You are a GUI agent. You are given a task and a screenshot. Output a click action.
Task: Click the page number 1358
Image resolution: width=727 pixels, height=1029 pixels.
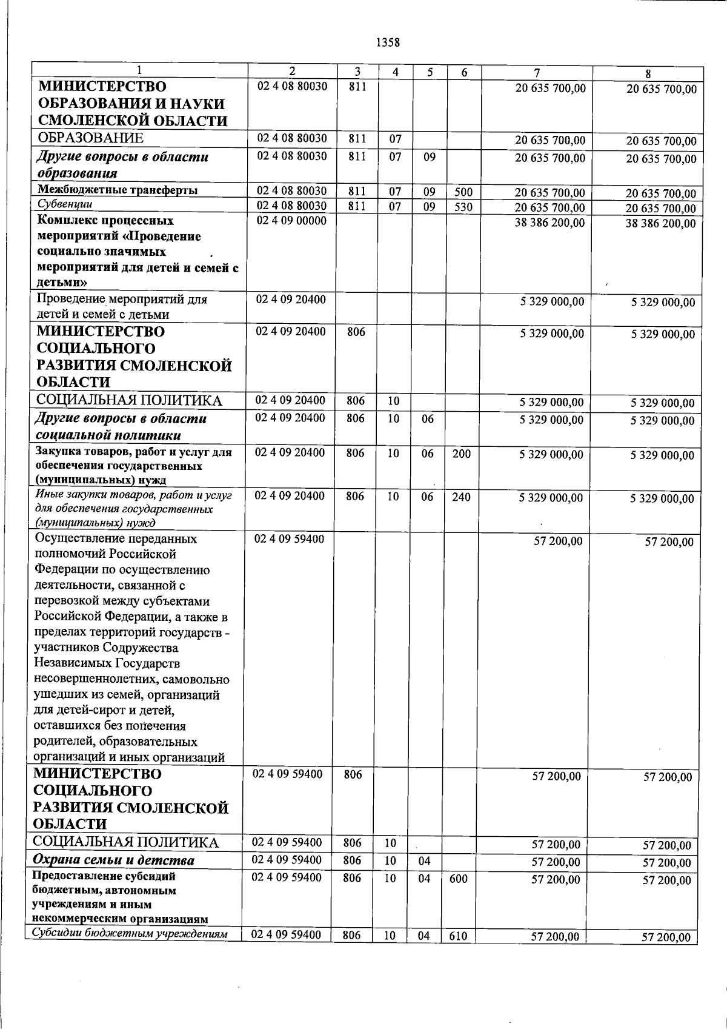pos(388,42)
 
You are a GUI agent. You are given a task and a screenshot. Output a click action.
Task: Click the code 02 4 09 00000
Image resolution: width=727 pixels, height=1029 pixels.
pos(291,221)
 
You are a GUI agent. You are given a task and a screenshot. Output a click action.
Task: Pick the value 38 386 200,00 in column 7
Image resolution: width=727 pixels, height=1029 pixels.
pos(550,223)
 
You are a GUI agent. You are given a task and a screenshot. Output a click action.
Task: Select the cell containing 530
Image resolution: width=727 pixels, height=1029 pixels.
pos(463,207)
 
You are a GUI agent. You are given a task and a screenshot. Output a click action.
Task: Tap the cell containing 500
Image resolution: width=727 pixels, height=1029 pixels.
pos(463,193)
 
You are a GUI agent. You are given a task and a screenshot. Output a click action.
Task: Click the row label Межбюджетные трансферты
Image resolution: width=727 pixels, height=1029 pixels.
pos(118,190)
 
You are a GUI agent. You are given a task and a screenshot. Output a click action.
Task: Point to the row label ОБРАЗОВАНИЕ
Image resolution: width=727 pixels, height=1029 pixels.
pos(90,138)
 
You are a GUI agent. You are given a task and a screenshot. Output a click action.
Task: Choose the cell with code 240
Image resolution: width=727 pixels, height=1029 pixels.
pos(461,497)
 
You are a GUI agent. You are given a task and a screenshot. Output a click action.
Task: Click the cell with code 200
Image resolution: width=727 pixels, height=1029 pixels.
pos(461,454)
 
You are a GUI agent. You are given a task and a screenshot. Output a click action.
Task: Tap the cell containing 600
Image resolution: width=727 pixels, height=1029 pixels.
pos(459,879)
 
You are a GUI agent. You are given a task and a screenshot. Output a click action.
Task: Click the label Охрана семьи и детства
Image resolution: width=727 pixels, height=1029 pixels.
pos(113,861)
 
